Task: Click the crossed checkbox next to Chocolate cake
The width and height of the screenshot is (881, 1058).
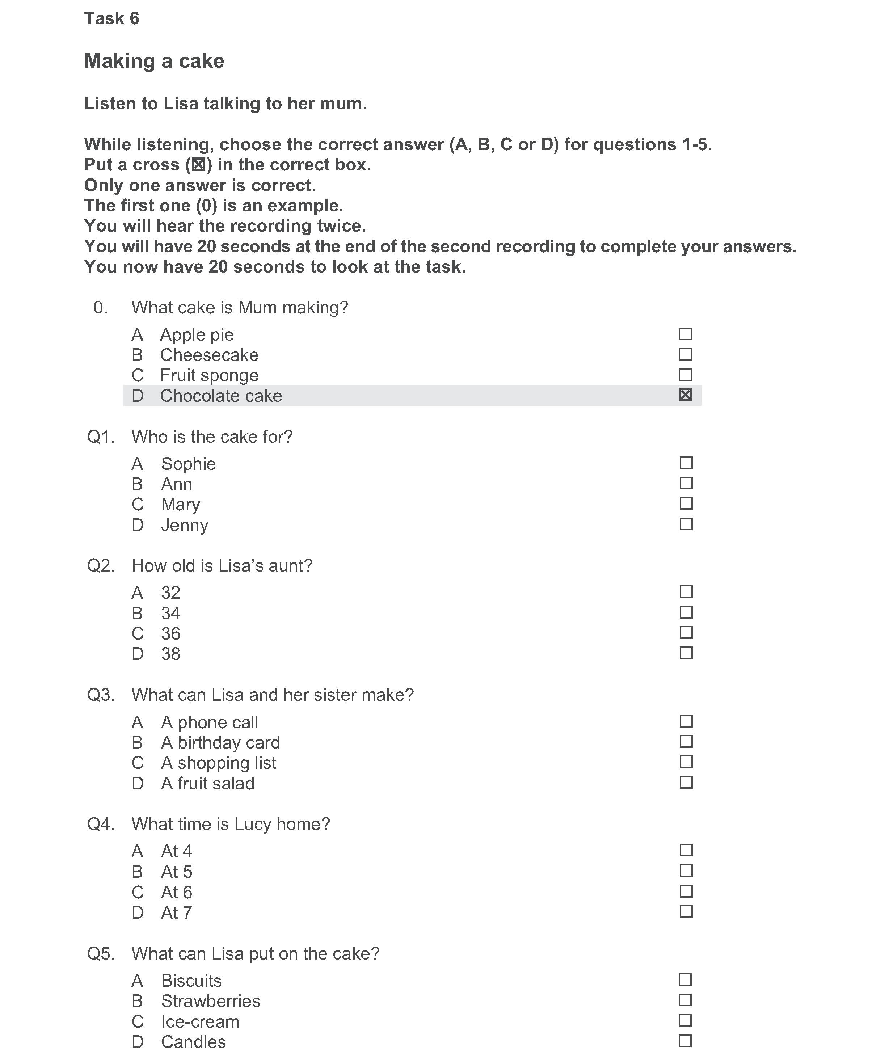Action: (685, 395)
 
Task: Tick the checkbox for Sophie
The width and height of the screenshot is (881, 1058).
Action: (686, 463)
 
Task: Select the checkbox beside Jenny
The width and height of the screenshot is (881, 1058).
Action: (686, 524)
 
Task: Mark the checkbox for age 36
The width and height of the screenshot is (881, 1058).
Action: (686, 632)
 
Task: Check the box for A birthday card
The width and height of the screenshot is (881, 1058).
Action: (686, 742)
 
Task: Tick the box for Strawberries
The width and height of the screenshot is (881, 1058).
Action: (685, 1000)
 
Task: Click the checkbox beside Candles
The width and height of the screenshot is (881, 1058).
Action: (685, 1041)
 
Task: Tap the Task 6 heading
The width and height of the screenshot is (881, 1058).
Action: (111, 19)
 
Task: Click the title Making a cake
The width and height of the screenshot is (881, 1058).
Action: (154, 61)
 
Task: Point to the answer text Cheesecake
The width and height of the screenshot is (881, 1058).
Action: (209, 355)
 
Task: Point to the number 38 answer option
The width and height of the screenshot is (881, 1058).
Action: (170, 654)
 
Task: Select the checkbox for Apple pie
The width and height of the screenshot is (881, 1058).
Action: (685, 334)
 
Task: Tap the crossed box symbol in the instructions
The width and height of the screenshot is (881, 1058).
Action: (198, 165)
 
